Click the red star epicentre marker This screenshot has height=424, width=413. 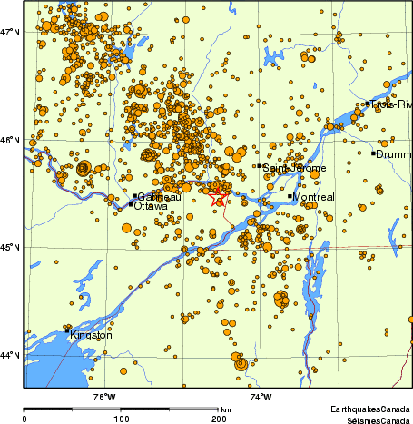(x=218, y=196)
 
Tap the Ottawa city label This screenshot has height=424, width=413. (x=150, y=206)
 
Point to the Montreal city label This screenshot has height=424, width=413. (x=314, y=197)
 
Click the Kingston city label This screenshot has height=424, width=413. (x=91, y=335)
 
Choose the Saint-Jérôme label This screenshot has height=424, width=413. (x=288, y=168)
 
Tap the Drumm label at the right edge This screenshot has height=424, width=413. (x=394, y=154)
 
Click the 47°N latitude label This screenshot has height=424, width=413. (x=10, y=33)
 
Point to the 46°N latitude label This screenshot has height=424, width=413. (x=10, y=140)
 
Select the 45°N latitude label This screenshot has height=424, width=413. (x=10, y=247)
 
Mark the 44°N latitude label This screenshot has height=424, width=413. (x=10, y=355)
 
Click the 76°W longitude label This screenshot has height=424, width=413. (x=104, y=396)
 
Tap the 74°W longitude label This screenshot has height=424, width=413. (x=261, y=396)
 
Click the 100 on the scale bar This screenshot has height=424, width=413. (x=121, y=419)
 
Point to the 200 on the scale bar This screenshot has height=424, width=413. (x=218, y=419)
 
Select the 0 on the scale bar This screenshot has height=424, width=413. (x=25, y=419)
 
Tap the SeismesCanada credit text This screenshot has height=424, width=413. (x=372, y=420)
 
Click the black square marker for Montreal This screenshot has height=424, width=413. (x=290, y=196)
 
